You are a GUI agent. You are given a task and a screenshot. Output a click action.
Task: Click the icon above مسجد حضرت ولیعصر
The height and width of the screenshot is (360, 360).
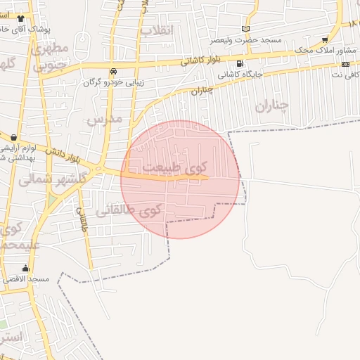pyautogui.click(x=245, y=29)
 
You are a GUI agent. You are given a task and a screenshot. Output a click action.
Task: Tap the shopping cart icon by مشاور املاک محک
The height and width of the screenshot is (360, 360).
pyautogui.click(x=324, y=39)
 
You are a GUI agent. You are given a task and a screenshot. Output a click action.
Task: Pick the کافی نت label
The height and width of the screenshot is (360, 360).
pyautogui.click(x=345, y=73)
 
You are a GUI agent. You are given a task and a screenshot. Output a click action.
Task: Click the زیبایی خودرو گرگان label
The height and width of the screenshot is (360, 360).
pyautogui.click(x=114, y=82)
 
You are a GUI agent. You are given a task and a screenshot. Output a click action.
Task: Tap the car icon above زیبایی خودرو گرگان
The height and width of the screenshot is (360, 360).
pyautogui.click(x=113, y=71)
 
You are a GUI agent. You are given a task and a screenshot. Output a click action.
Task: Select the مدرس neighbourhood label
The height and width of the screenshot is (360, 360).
pyautogui.click(x=104, y=119)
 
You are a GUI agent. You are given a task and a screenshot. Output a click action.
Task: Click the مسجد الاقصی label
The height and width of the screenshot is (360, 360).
pyautogui.click(x=25, y=279)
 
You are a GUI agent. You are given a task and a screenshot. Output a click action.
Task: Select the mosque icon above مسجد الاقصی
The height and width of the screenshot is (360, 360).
pyautogui.click(x=26, y=268)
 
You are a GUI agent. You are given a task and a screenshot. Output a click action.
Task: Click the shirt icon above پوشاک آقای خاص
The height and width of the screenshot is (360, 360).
pyautogui.click(x=20, y=19)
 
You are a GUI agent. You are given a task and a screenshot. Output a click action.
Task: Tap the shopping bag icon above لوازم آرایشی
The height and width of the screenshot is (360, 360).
pyautogui.click(x=13, y=137)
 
